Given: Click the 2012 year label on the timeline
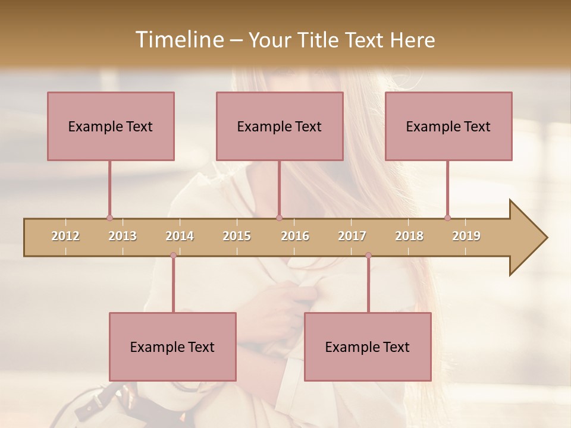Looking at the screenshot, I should tap(65, 236).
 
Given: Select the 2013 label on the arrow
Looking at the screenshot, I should tap(123, 236).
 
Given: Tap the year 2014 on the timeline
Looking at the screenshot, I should tap(180, 236).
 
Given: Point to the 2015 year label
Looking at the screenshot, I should tap(237, 236).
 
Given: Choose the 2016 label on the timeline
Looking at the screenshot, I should tap(295, 236).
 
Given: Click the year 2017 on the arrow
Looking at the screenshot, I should tap(352, 236).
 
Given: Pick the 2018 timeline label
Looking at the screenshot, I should tap(409, 236).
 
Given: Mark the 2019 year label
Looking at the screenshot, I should tap(466, 236).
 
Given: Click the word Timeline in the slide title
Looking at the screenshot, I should tap(178, 40).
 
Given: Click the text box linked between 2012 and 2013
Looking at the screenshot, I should tap(111, 126).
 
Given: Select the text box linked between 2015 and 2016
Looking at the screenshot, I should tap(280, 126).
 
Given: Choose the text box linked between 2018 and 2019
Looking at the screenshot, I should tap(448, 126).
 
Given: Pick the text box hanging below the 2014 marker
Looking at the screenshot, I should tap(172, 347).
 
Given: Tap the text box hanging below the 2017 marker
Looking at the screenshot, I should tap(368, 347).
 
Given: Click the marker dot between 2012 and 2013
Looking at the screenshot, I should tap(109, 218).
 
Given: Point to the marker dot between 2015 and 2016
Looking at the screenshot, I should tap(280, 218).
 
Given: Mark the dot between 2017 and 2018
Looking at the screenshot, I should tap(368, 256).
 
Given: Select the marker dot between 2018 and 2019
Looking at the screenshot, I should tap(447, 218).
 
